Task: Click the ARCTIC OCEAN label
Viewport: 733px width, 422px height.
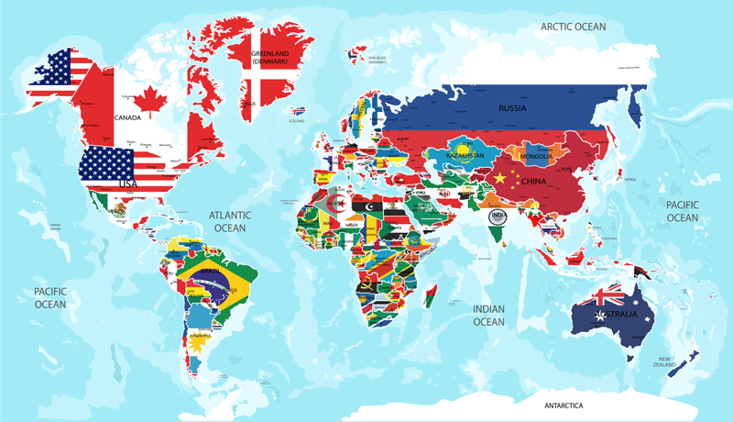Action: point(574,27)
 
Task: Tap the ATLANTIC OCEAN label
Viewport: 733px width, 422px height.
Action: point(230,221)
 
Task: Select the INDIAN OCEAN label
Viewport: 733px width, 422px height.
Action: point(488,316)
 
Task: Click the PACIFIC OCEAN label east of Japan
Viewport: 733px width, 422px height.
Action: point(682,211)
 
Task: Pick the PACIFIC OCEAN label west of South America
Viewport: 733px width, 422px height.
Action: point(50,297)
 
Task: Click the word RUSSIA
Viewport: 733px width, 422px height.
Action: point(512,108)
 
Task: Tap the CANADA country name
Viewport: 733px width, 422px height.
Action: point(126,117)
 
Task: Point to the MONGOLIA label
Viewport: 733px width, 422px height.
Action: point(536,157)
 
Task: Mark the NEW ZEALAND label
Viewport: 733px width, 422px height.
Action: point(664,361)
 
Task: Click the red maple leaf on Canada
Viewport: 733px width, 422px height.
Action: point(149,94)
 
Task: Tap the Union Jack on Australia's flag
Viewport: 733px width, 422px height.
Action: point(607,296)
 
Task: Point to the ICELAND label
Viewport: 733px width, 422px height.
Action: point(296,120)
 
